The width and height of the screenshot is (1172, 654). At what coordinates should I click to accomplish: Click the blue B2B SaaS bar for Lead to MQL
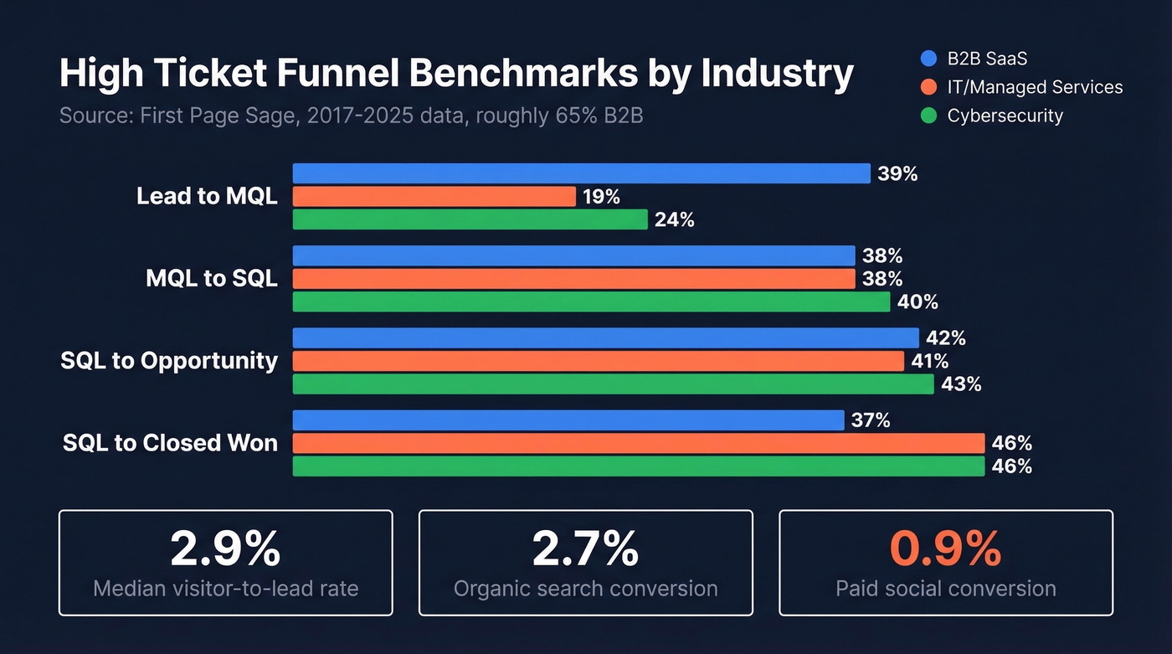(581, 173)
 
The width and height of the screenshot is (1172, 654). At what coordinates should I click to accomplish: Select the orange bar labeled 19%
(434, 197)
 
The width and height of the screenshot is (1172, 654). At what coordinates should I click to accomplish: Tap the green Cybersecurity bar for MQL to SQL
(591, 301)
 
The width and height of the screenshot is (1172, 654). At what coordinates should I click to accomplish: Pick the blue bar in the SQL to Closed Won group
(568, 420)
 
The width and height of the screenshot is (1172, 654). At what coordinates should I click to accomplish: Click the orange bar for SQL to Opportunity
(598, 361)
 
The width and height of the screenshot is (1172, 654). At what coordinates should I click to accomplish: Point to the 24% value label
(675, 220)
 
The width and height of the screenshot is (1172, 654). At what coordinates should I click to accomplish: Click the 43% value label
(961, 384)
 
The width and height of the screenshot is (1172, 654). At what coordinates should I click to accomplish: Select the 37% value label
(871, 420)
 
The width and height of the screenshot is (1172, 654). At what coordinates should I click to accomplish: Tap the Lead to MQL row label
(207, 197)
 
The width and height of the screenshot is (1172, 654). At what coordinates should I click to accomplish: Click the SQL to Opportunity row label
(169, 361)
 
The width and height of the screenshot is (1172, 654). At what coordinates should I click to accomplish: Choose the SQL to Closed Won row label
(170, 443)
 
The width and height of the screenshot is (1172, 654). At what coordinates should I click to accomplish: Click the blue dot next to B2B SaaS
(928, 59)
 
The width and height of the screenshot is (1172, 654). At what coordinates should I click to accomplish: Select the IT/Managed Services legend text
(1035, 87)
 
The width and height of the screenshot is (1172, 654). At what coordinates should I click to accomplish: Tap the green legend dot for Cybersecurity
(928, 116)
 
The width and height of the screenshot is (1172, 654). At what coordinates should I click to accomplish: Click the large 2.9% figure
(225, 549)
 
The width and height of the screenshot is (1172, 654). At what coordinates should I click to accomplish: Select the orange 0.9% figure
(945, 549)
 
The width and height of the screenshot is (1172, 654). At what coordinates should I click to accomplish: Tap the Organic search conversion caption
(585, 589)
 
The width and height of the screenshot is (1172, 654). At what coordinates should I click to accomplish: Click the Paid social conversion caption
(945, 589)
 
